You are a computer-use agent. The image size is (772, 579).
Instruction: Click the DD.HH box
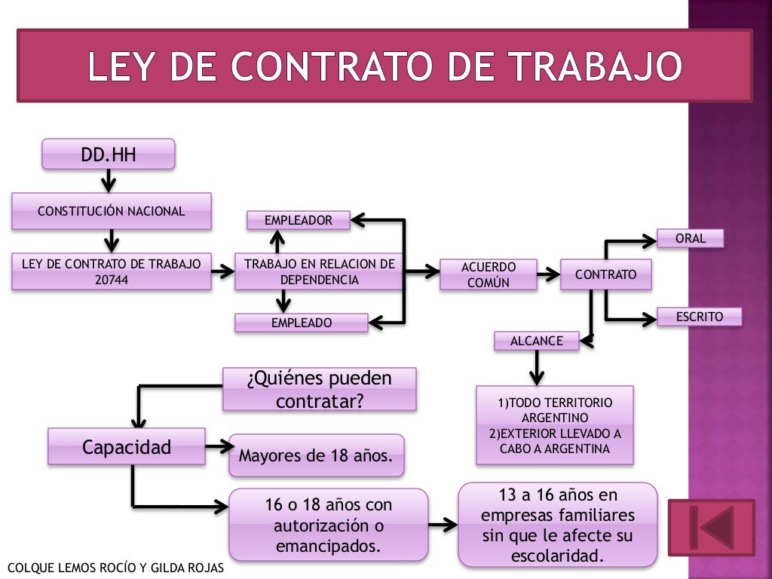(108, 154)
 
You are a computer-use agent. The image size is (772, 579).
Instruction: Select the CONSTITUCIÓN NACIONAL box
(111, 211)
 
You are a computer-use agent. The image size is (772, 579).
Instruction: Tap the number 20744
(111, 279)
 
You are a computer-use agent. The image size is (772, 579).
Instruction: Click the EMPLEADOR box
(299, 220)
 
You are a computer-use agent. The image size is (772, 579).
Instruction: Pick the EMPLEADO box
(301, 323)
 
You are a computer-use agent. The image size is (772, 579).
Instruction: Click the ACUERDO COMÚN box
(489, 274)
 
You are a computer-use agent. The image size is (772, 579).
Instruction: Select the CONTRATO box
(605, 274)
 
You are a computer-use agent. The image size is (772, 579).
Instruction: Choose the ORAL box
(690, 238)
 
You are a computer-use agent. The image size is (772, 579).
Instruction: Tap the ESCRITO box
(698, 317)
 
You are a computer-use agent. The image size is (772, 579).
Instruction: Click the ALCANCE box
(536, 341)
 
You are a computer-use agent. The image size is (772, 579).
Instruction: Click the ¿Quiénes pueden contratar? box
(319, 389)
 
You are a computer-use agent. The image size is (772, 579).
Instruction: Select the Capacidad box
(127, 446)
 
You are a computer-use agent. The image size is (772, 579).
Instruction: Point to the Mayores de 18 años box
(316, 455)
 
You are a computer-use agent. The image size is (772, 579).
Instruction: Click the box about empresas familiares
(558, 525)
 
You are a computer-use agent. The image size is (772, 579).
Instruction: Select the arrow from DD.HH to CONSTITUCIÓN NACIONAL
(109, 181)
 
